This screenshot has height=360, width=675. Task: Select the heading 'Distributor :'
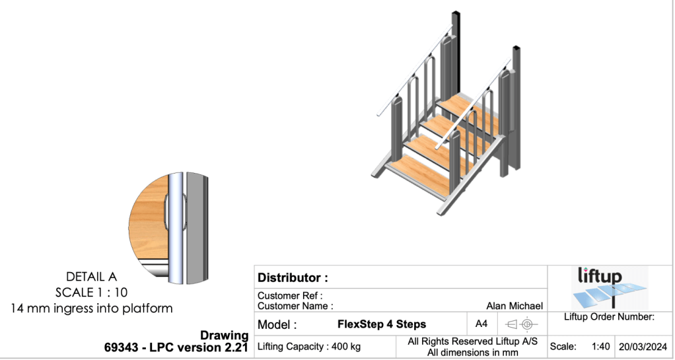pyautogui.click(x=293, y=277)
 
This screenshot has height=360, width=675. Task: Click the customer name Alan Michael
pyautogui.click(x=514, y=306)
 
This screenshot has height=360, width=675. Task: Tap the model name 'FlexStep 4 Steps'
pyautogui.click(x=382, y=324)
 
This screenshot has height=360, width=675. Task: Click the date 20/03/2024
pyautogui.click(x=641, y=346)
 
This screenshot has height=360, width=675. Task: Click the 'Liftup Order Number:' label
pyautogui.click(x=609, y=317)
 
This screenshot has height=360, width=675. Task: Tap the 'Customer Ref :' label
pyautogui.click(x=290, y=296)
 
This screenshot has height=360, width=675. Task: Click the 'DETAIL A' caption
pyautogui.click(x=92, y=277)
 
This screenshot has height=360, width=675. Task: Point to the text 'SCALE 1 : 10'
pyautogui.click(x=92, y=292)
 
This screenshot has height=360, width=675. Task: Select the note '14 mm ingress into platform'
pyautogui.click(x=92, y=308)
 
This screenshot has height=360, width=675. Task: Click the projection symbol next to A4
pyautogui.click(x=519, y=324)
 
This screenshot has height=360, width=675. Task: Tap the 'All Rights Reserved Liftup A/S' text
pyautogui.click(x=472, y=342)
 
